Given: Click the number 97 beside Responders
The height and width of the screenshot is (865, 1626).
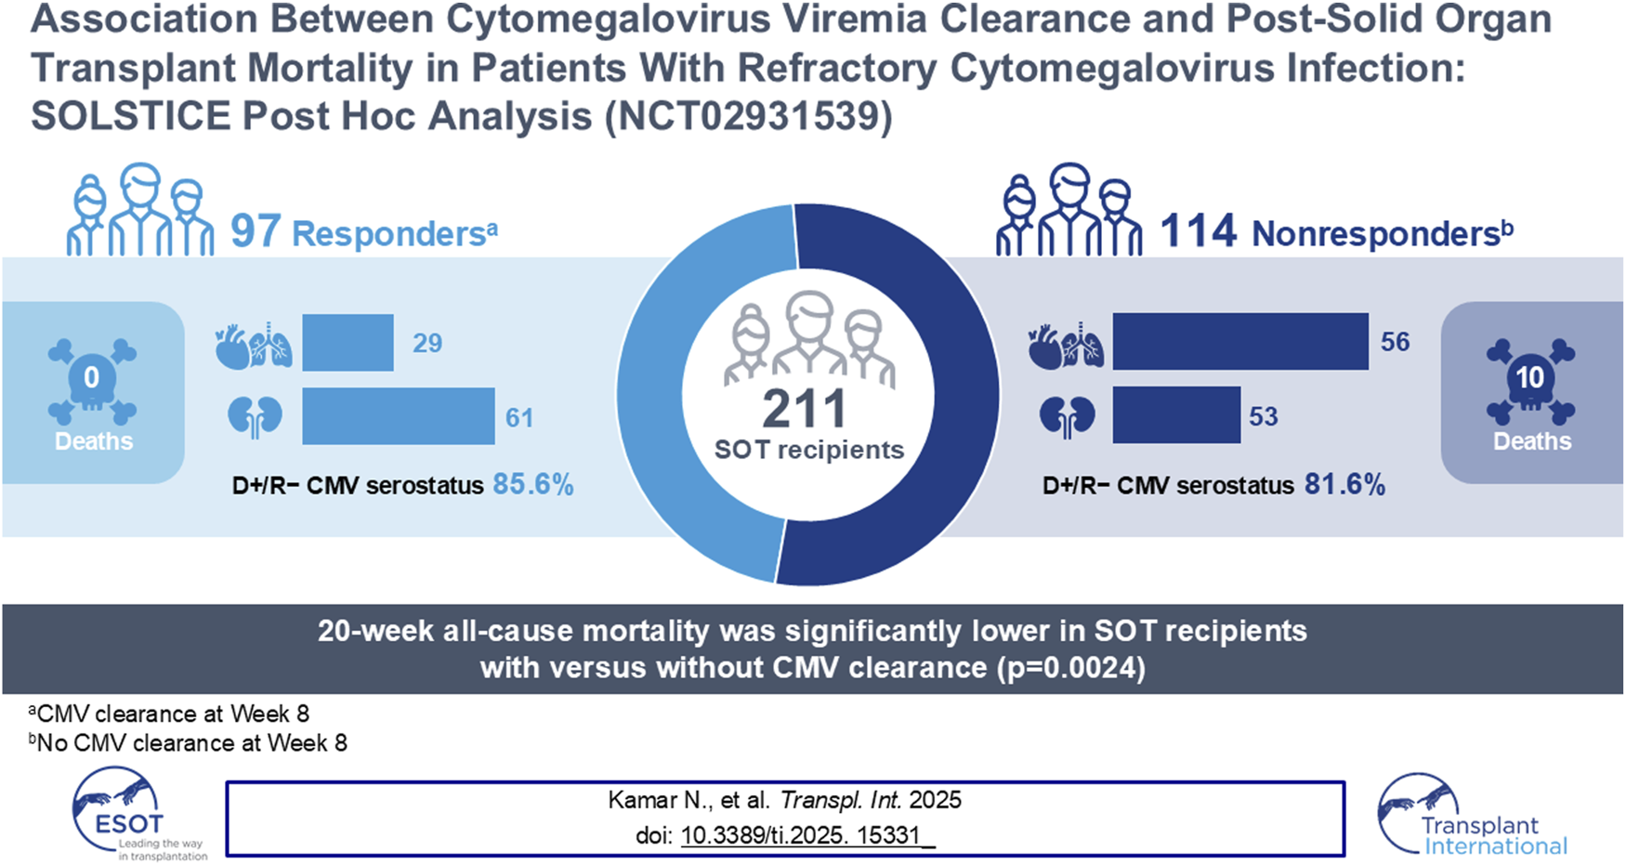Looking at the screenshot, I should pos(256,231).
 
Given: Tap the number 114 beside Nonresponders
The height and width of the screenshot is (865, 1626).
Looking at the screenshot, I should pos(1199,231).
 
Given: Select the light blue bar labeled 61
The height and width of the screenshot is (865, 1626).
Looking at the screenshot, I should pos(398,416).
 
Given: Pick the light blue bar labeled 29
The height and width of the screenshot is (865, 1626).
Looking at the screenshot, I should pos(347,343).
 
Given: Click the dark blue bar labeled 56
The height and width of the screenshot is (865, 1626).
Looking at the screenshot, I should pos(1239,342).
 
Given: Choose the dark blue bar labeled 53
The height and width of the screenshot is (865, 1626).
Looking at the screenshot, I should pos(1176,415).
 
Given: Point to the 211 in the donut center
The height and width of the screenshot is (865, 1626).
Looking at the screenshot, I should pos(805,409).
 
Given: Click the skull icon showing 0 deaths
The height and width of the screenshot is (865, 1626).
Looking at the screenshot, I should pos(92,381).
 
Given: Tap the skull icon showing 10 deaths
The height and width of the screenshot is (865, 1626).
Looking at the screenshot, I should pos(1530,381).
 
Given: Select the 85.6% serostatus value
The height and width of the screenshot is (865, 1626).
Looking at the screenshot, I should pos(532,484).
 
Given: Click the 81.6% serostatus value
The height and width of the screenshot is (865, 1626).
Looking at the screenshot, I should pos(1344,484).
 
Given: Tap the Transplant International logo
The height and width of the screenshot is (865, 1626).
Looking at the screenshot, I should pos(1473,818).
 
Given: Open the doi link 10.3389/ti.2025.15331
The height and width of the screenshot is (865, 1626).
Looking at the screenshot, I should pos(806,835).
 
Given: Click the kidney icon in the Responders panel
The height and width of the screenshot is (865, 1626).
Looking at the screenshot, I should pos(255,417).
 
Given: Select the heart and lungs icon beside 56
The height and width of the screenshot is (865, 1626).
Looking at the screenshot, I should pos(1065,347).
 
